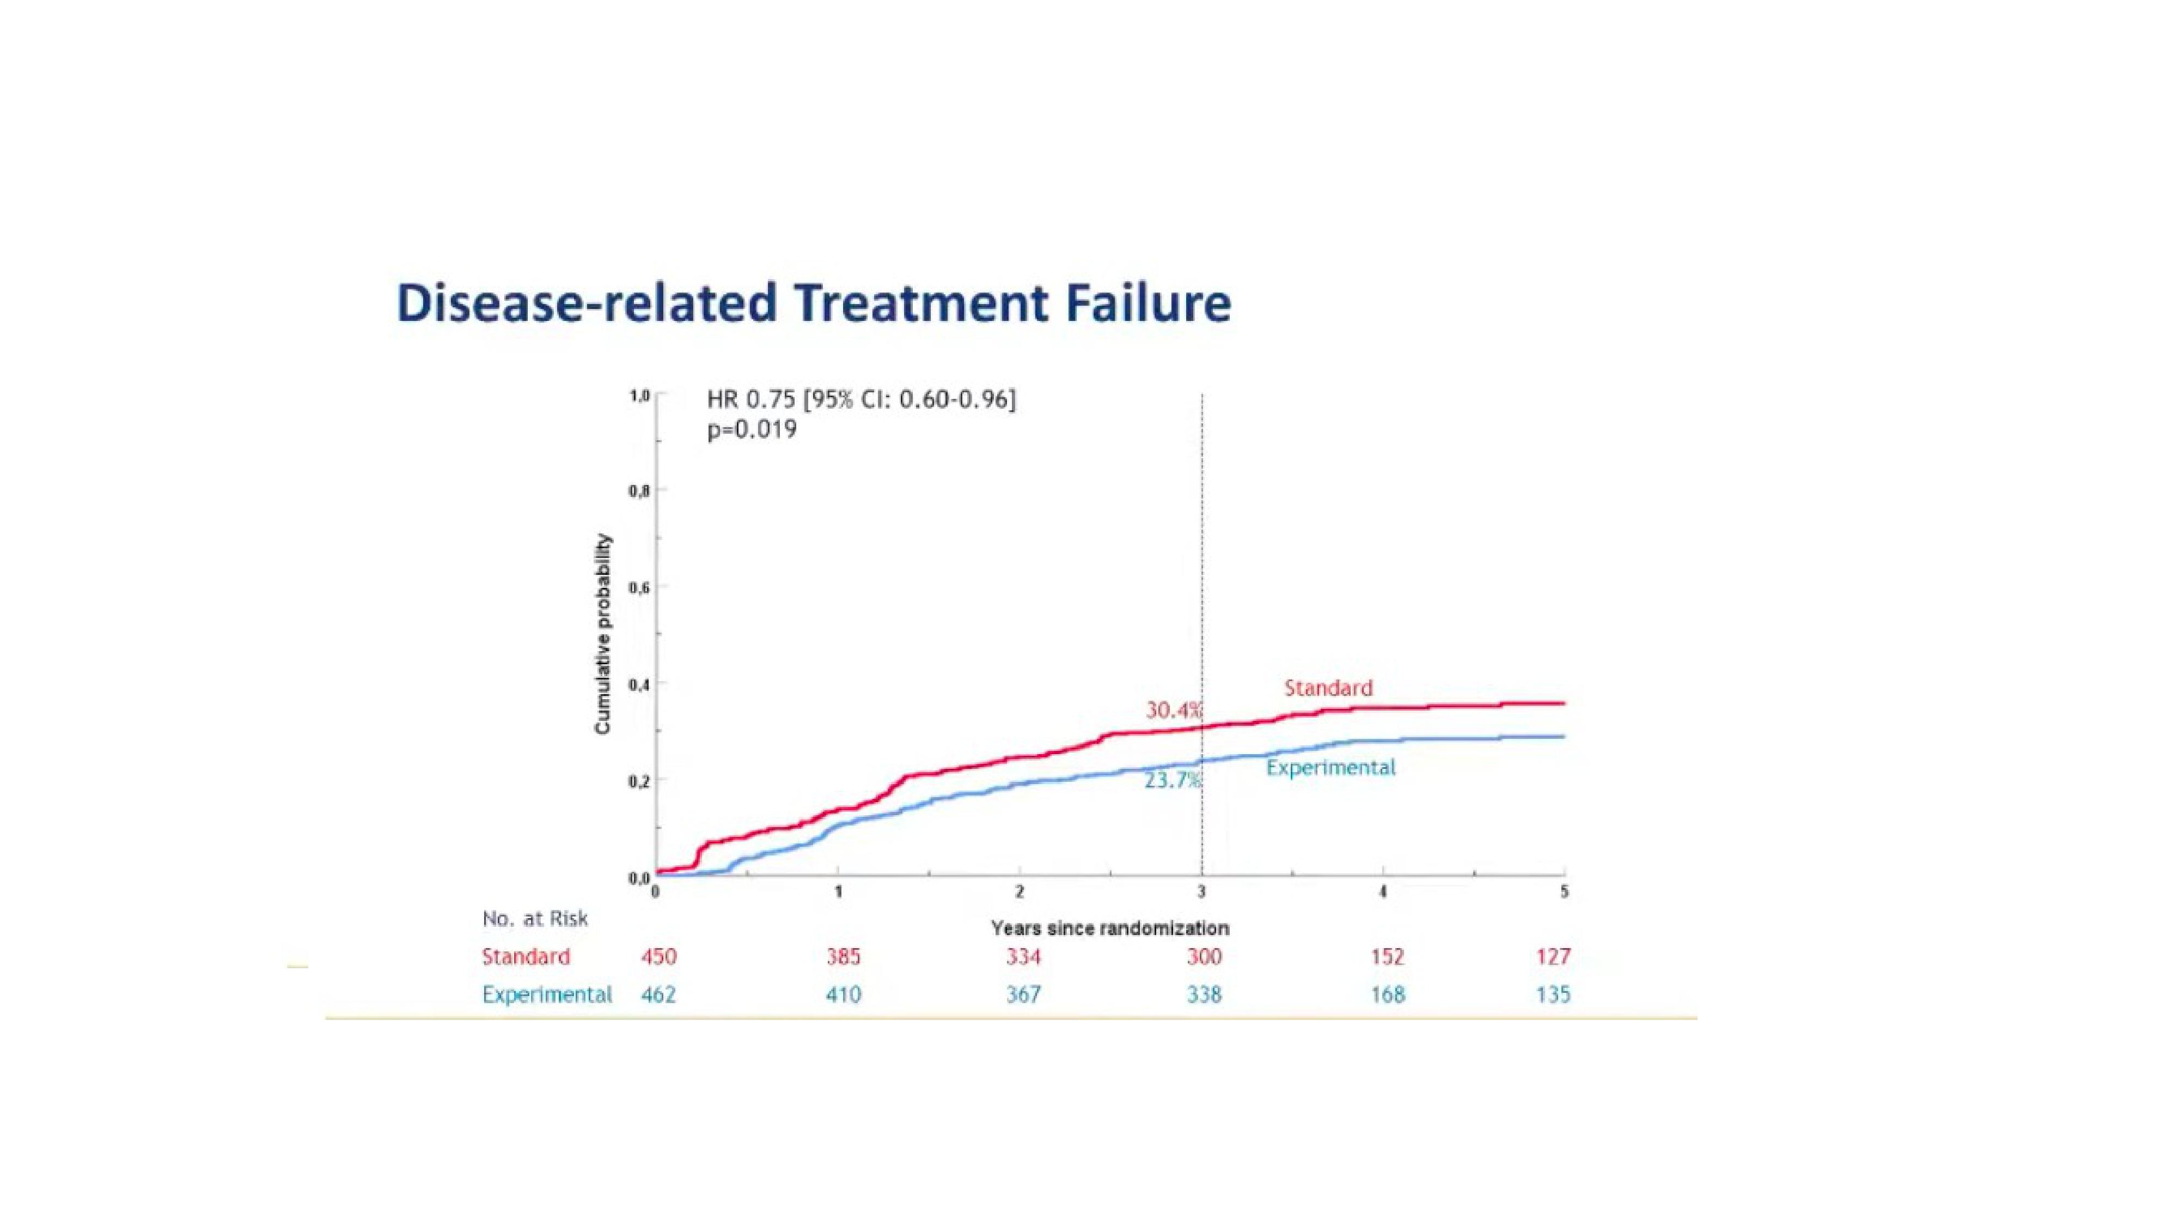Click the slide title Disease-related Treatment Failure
click(814, 304)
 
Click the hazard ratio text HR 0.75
click(750, 399)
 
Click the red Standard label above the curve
click(1328, 688)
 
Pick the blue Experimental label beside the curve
click(1330, 767)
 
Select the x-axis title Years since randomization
click(1110, 928)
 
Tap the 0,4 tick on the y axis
click(639, 684)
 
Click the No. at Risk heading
click(535, 919)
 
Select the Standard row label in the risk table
click(526, 957)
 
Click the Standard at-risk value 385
click(844, 957)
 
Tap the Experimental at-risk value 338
click(1204, 994)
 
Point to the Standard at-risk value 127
click(1553, 957)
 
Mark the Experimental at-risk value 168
click(1387, 994)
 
